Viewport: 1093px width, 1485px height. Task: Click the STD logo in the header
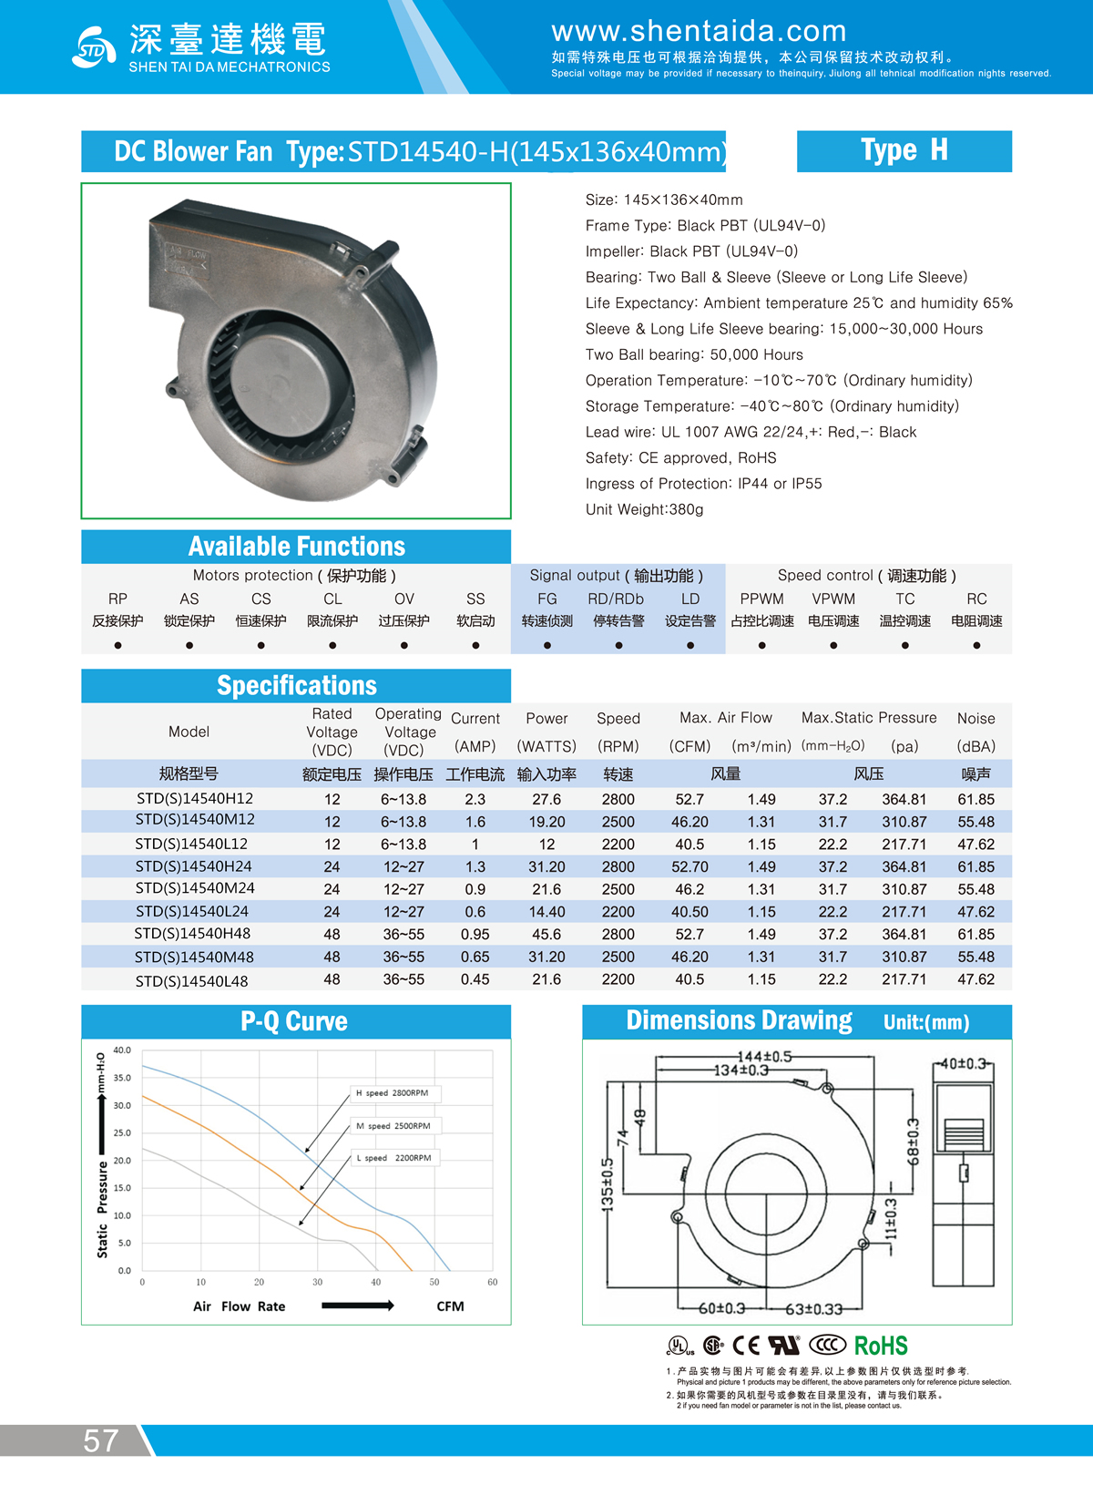[x=94, y=46]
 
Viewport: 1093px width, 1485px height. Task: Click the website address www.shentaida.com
[x=699, y=32]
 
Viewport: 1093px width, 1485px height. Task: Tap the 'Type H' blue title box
[x=904, y=150]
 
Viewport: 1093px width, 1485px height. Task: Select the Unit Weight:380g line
[x=644, y=509]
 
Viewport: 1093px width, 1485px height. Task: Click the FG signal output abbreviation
[x=546, y=599]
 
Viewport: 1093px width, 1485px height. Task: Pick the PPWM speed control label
[x=761, y=599]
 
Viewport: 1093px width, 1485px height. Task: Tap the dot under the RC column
[x=976, y=645]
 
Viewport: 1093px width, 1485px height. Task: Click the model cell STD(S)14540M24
[x=195, y=888]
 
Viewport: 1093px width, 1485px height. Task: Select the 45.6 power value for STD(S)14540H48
[x=546, y=934]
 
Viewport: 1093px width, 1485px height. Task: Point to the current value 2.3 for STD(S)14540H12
[x=475, y=799]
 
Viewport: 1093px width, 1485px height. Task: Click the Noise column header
[x=976, y=719]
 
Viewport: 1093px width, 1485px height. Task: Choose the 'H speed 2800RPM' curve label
[x=392, y=1092]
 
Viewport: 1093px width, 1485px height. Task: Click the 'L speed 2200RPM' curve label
[x=393, y=1158]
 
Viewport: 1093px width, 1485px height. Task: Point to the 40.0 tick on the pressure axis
[x=122, y=1050]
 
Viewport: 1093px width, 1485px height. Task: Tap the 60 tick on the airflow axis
[x=492, y=1282]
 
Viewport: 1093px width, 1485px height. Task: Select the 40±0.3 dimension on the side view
[x=963, y=1063]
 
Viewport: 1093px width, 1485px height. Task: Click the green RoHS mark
[x=881, y=1346]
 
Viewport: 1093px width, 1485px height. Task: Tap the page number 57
[x=100, y=1440]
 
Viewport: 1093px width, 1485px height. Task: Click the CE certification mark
[x=746, y=1346]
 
